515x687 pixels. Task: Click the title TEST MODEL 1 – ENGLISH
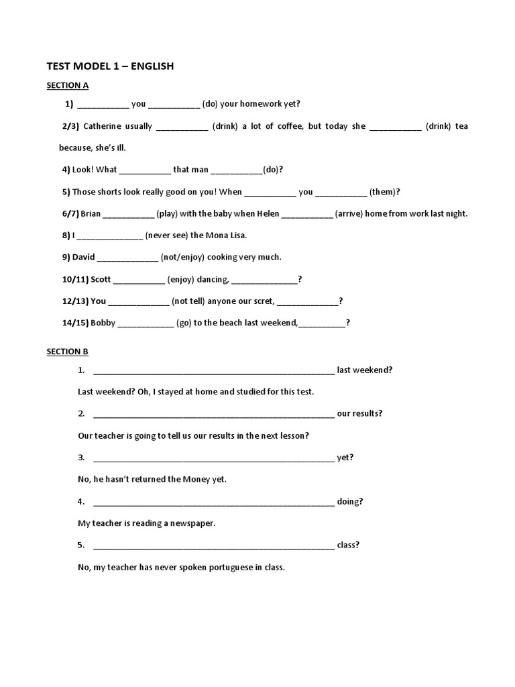coord(110,66)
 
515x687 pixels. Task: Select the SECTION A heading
coord(67,85)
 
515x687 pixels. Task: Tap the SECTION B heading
coord(67,351)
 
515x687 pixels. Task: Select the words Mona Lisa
coord(226,235)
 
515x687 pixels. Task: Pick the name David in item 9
coord(84,257)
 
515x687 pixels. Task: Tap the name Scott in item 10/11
coord(101,279)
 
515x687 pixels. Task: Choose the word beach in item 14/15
coord(231,323)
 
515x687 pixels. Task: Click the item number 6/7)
coord(70,213)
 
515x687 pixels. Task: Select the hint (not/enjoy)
coord(182,257)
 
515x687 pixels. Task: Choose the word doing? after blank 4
coord(350,501)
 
